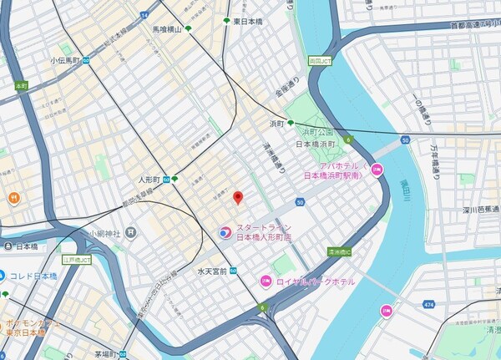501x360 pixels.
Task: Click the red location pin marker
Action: (237, 198)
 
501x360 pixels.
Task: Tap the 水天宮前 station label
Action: (213, 271)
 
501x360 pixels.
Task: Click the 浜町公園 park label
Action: (317, 132)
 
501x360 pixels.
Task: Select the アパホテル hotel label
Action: (331, 171)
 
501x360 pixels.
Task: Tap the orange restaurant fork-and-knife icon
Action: (13, 198)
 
